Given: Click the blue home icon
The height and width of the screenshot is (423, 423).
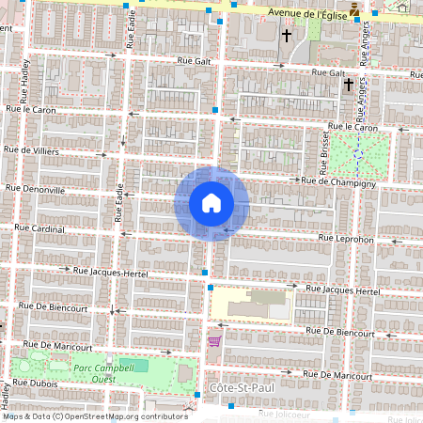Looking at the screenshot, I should [211, 203].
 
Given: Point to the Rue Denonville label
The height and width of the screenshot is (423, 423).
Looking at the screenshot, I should [36, 189].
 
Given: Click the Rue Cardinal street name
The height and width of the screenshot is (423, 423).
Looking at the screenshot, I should [39, 228].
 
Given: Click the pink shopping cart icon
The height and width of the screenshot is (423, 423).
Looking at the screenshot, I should [214, 341].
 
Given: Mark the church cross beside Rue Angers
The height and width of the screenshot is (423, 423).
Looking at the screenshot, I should [349, 85].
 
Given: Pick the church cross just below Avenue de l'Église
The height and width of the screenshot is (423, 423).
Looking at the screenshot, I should [287, 37].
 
